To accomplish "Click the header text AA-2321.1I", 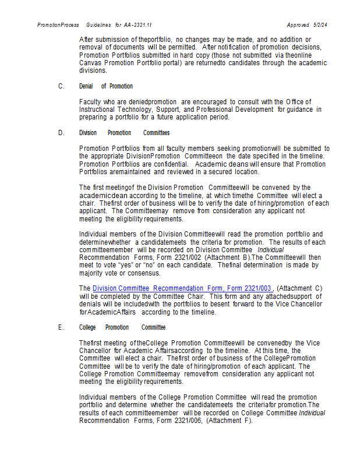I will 139,25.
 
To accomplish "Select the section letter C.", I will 61,86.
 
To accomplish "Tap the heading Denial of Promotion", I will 106,86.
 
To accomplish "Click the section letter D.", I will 61,133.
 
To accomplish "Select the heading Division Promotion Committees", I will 125,133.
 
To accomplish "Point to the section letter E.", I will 61,327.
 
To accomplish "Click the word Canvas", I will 92,63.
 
